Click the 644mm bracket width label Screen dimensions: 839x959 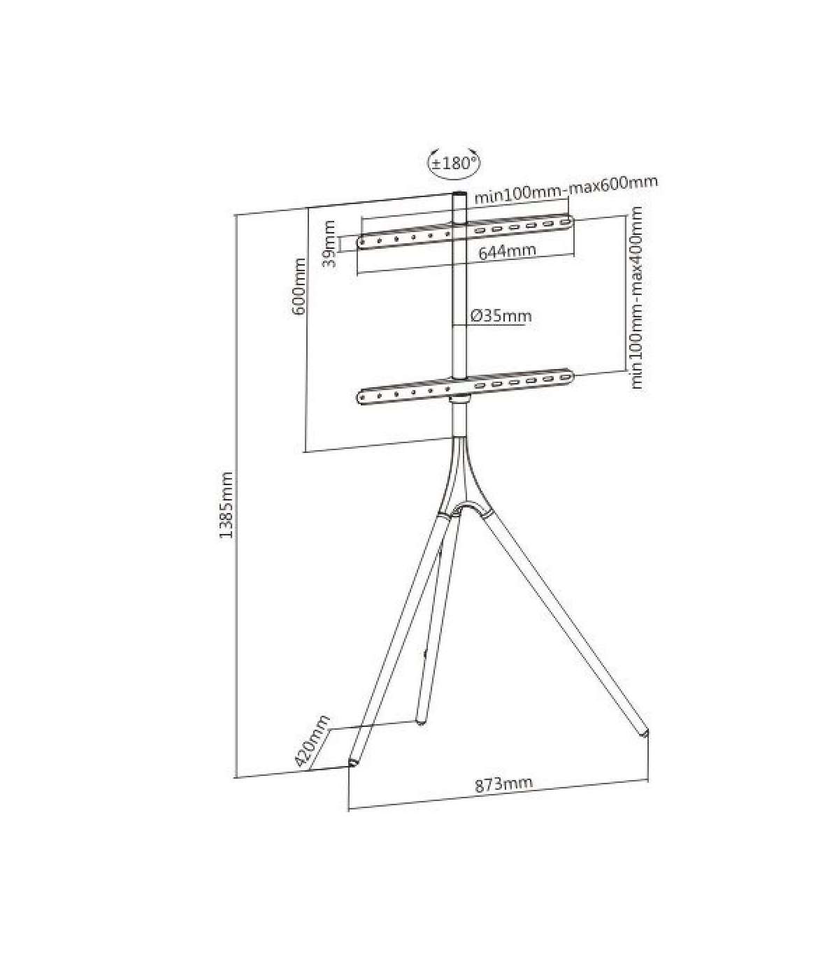coord(507,251)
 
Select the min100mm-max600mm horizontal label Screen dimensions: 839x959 coord(567,190)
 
